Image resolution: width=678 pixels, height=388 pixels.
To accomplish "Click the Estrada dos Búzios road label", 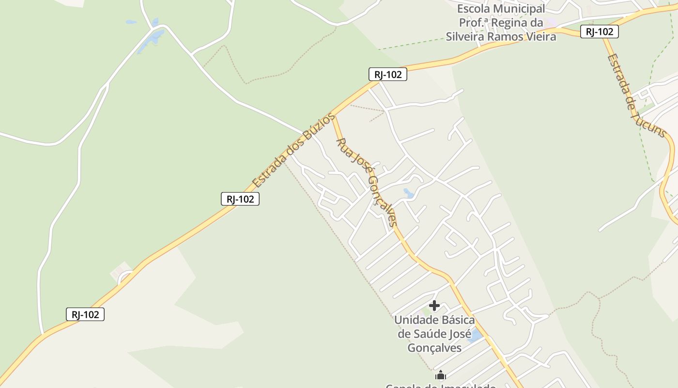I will click(x=293, y=150).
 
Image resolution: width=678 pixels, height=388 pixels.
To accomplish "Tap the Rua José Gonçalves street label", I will click(x=367, y=182).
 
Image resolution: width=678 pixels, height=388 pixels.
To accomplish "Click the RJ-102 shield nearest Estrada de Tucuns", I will click(x=600, y=32).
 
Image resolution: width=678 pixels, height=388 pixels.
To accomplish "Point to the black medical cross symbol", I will click(x=434, y=306).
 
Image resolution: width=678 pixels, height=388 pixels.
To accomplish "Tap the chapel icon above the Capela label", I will click(x=441, y=375).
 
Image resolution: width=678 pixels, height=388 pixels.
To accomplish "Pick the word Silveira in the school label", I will click(x=465, y=36).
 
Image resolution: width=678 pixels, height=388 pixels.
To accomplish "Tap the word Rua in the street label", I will click(x=343, y=146).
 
